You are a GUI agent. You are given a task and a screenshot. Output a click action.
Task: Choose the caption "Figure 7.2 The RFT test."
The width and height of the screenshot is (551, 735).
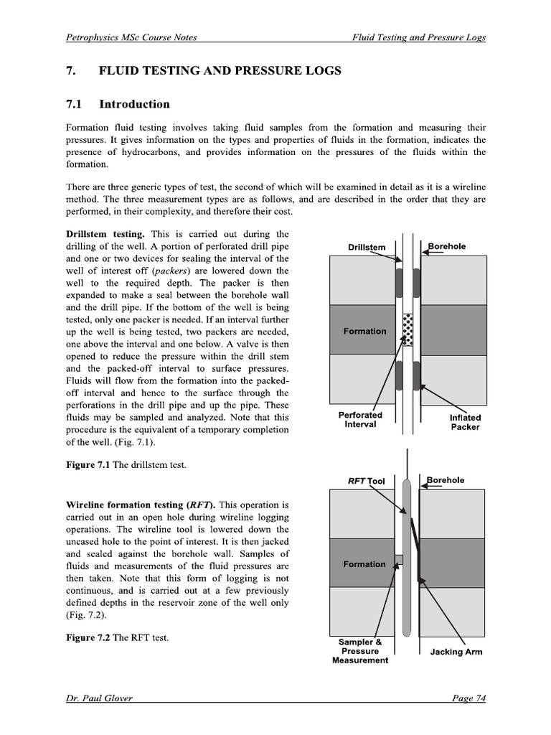[x=117, y=637]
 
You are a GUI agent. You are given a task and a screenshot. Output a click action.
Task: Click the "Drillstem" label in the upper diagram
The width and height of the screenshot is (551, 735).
[x=367, y=248]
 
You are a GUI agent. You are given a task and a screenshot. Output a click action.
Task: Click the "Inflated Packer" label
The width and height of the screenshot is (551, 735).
[x=465, y=422]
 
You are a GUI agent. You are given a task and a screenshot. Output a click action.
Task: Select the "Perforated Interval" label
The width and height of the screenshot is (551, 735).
[x=360, y=420]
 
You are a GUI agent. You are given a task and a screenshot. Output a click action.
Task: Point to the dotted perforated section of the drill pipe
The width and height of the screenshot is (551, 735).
[x=410, y=329]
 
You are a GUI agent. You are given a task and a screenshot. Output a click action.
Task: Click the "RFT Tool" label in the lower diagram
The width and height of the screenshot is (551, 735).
[x=367, y=482]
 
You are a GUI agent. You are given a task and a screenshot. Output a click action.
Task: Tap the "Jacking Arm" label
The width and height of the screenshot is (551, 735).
[x=456, y=652]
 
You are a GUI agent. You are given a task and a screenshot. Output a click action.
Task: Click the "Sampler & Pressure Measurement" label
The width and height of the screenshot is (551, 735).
[x=359, y=651]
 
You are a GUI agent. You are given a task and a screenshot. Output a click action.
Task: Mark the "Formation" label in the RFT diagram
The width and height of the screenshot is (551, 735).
[x=364, y=564]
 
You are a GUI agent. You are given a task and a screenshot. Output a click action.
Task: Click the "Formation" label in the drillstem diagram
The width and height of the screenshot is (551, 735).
[x=364, y=332]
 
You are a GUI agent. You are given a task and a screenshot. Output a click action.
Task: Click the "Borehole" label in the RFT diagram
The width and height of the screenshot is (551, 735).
[x=446, y=480]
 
